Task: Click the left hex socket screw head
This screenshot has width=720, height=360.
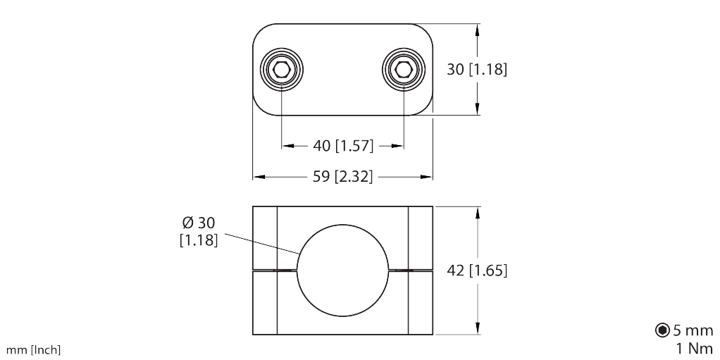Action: coord(282,69)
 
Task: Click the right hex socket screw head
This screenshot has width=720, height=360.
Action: coord(404,69)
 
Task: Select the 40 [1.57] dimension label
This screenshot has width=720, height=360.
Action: coord(342,146)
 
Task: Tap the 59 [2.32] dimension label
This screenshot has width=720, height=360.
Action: coord(342,177)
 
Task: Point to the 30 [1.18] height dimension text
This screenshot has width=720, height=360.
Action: coord(477,70)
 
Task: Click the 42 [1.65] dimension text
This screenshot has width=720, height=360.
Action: coord(477,271)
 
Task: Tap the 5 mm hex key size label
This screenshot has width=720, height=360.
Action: coord(693,330)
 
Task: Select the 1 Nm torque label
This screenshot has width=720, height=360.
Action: coord(695,347)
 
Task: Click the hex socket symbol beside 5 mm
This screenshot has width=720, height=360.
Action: coord(662,330)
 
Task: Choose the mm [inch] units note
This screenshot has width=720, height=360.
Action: coord(33,350)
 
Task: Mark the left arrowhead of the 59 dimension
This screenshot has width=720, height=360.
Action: coord(258,177)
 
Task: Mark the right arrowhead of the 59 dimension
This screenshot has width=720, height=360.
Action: coord(428,177)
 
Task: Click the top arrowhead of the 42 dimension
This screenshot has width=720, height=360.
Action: coord(478,212)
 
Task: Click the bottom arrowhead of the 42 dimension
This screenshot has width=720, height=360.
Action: coord(478,329)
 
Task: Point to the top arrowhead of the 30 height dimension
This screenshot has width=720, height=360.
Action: coord(478,30)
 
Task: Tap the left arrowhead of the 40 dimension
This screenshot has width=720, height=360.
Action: coord(287,146)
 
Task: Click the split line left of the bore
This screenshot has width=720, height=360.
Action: coord(275,271)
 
